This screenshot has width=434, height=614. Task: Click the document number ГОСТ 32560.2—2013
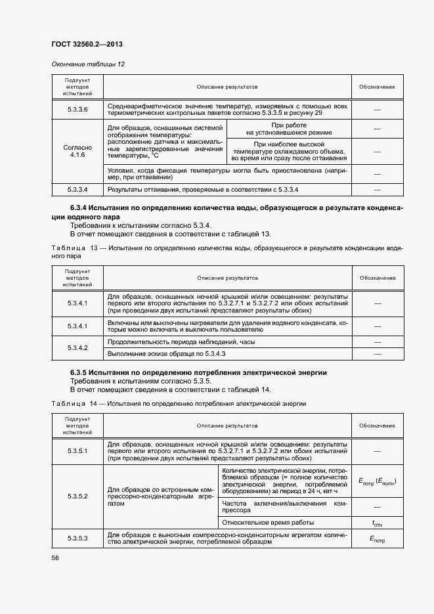[x=87, y=44]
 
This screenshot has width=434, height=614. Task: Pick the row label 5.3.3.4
[x=77, y=190]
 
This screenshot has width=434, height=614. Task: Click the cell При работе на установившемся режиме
[x=289, y=129]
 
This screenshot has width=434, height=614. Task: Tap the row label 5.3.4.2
[x=77, y=348]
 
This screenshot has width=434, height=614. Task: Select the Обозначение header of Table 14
[x=377, y=426]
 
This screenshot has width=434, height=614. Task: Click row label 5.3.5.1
[x=77, y=452]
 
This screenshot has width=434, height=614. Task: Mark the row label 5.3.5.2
[x=77, y=496]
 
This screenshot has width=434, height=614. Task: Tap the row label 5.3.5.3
[x=77, y=538]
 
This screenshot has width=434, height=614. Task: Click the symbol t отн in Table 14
[x=377, y=523]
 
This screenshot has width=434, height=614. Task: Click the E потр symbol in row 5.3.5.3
[x=377, y=538]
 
